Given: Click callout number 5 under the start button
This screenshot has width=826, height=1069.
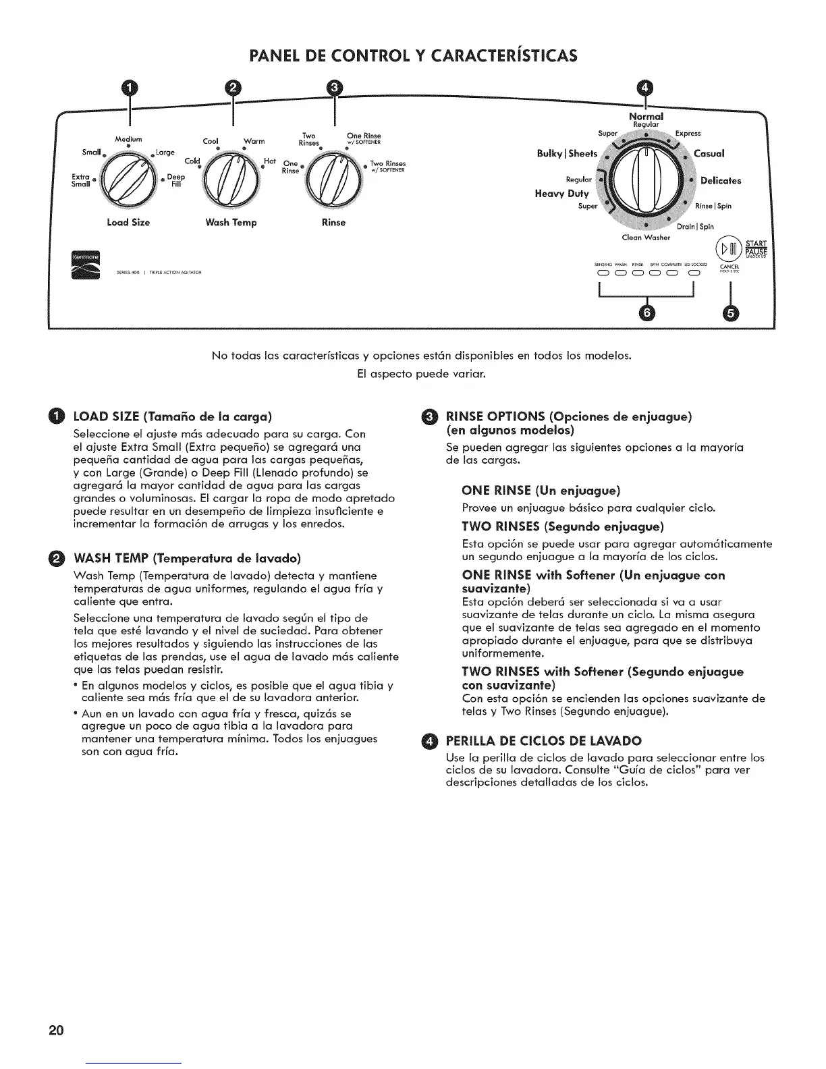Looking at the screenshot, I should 729,312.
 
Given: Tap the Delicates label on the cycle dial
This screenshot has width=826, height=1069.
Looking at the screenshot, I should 721,181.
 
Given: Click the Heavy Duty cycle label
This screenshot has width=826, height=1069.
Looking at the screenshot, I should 561,194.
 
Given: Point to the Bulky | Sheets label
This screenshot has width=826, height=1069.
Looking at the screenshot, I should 567,153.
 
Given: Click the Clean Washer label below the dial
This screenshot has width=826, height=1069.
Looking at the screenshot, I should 646,238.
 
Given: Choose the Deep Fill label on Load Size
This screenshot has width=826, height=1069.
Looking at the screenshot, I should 175,181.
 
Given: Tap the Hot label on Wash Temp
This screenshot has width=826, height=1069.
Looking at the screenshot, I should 271,162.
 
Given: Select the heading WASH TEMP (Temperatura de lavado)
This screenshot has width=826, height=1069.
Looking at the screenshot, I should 186,558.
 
